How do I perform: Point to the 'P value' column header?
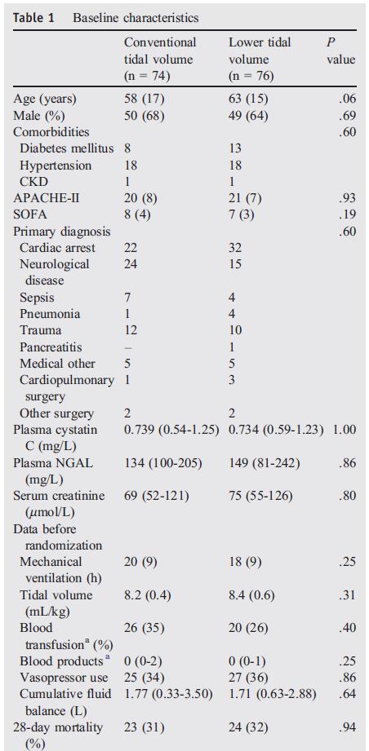(x=340, y=51)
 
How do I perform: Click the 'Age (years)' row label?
(x=45, y=99)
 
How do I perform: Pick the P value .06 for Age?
(x=349, y=99)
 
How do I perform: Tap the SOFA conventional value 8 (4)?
(x=137, y=214)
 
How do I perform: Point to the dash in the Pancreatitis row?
(x=127, y=347)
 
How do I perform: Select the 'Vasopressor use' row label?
(x=64, y=678)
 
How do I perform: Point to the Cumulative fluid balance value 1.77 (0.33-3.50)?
(x=168, y=695)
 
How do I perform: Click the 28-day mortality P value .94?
(x=349, y=728)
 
